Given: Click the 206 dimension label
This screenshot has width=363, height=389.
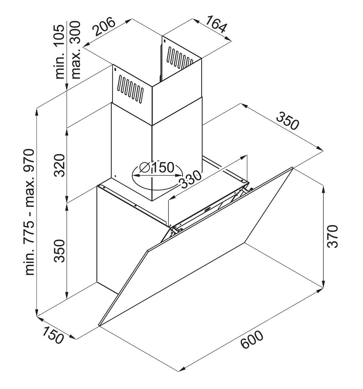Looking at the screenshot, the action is coord(103,27).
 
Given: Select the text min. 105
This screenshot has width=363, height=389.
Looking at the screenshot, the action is coord(60,52).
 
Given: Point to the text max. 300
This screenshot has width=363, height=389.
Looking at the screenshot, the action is coord(76,50).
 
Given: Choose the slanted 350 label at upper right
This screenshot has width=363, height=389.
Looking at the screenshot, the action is coord(287,121).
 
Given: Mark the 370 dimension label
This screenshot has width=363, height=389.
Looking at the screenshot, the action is coord(333,236).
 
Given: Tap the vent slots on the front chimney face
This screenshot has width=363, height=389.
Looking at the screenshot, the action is coord(130,89).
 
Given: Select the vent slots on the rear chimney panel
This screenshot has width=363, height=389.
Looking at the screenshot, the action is coord(180,58).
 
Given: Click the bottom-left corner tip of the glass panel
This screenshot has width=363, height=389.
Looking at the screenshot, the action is coord(99,326).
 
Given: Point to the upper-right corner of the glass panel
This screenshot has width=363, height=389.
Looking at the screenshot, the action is coord(293,167).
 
